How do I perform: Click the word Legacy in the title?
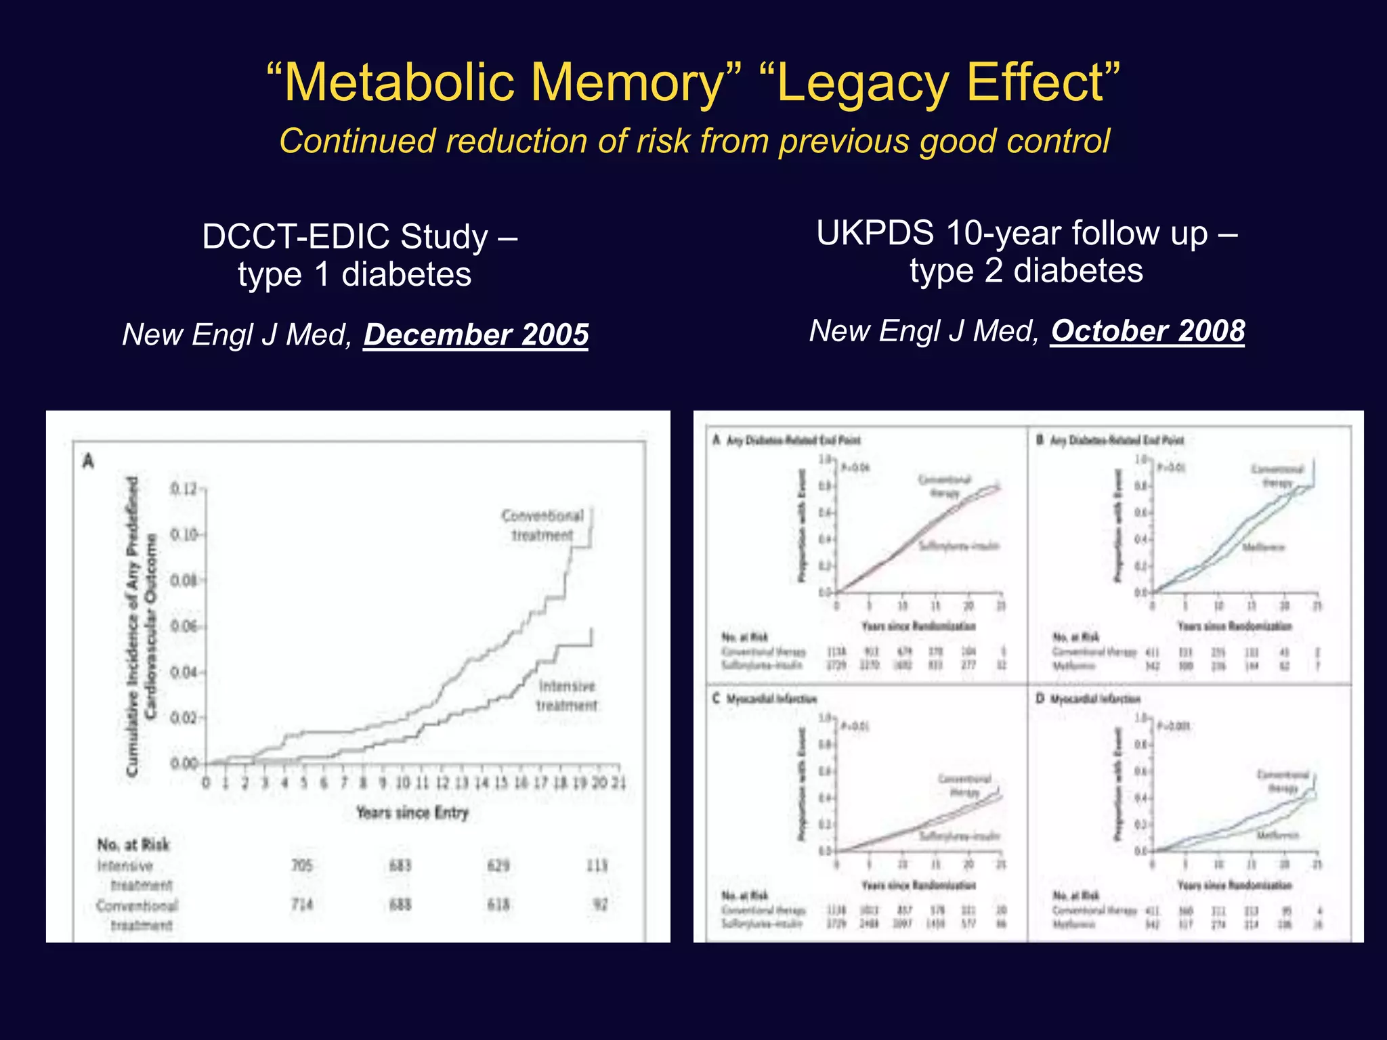[x=863, y=83]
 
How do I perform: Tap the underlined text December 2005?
[x=476, y=334]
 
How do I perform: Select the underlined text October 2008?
[x=1147, y=331]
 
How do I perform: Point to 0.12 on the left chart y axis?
[x=183, y=489]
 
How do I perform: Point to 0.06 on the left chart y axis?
[x=183, y=626]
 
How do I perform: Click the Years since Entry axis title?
[x=412, y=812]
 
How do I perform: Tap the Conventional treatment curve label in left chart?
[x=542, y=525]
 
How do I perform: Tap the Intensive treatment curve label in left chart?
[x=567, y=695]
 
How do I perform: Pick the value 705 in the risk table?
[x=302, y=865]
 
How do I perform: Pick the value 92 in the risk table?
[x=600, y=905]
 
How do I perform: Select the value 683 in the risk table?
[x=400, y=865]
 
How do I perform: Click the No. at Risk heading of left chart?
[x=133, y=844]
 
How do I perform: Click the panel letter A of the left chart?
[x=88, y=461]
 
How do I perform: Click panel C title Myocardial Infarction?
[x=771, y=699]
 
